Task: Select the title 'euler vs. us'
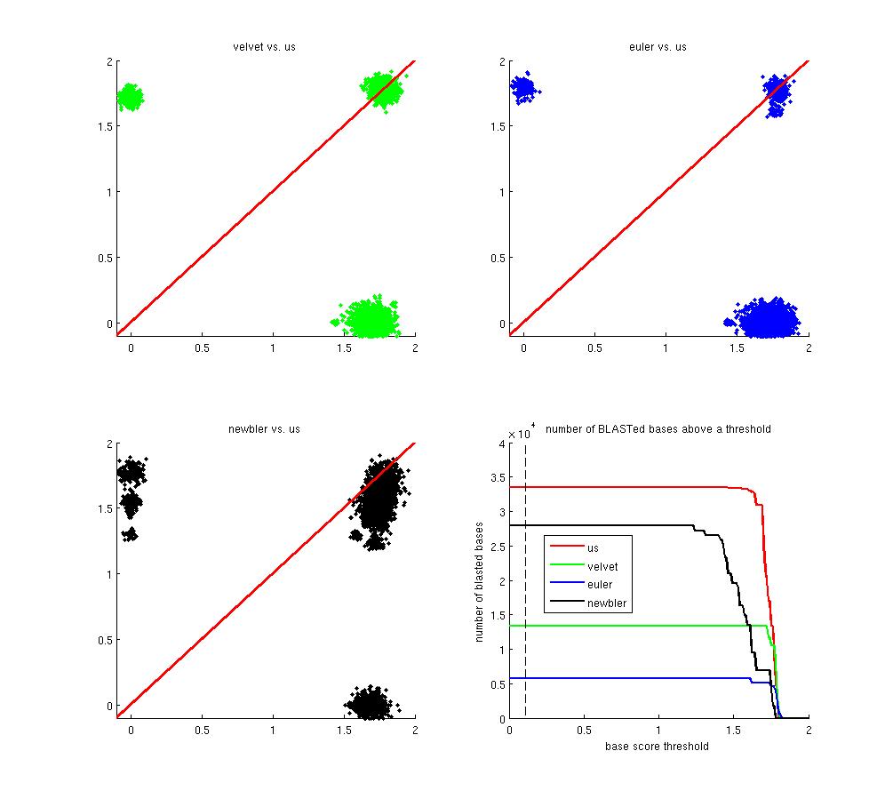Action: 658,46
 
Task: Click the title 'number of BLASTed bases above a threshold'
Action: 658,428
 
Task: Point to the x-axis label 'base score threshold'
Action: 658,747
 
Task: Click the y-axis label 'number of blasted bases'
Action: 480,579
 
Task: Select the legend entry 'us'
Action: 593,547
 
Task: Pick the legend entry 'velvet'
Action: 602,566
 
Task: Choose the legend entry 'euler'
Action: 600,585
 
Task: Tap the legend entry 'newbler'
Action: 606,603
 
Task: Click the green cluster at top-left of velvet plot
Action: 131,97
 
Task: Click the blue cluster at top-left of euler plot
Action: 523,88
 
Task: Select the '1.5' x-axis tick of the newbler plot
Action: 345,731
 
